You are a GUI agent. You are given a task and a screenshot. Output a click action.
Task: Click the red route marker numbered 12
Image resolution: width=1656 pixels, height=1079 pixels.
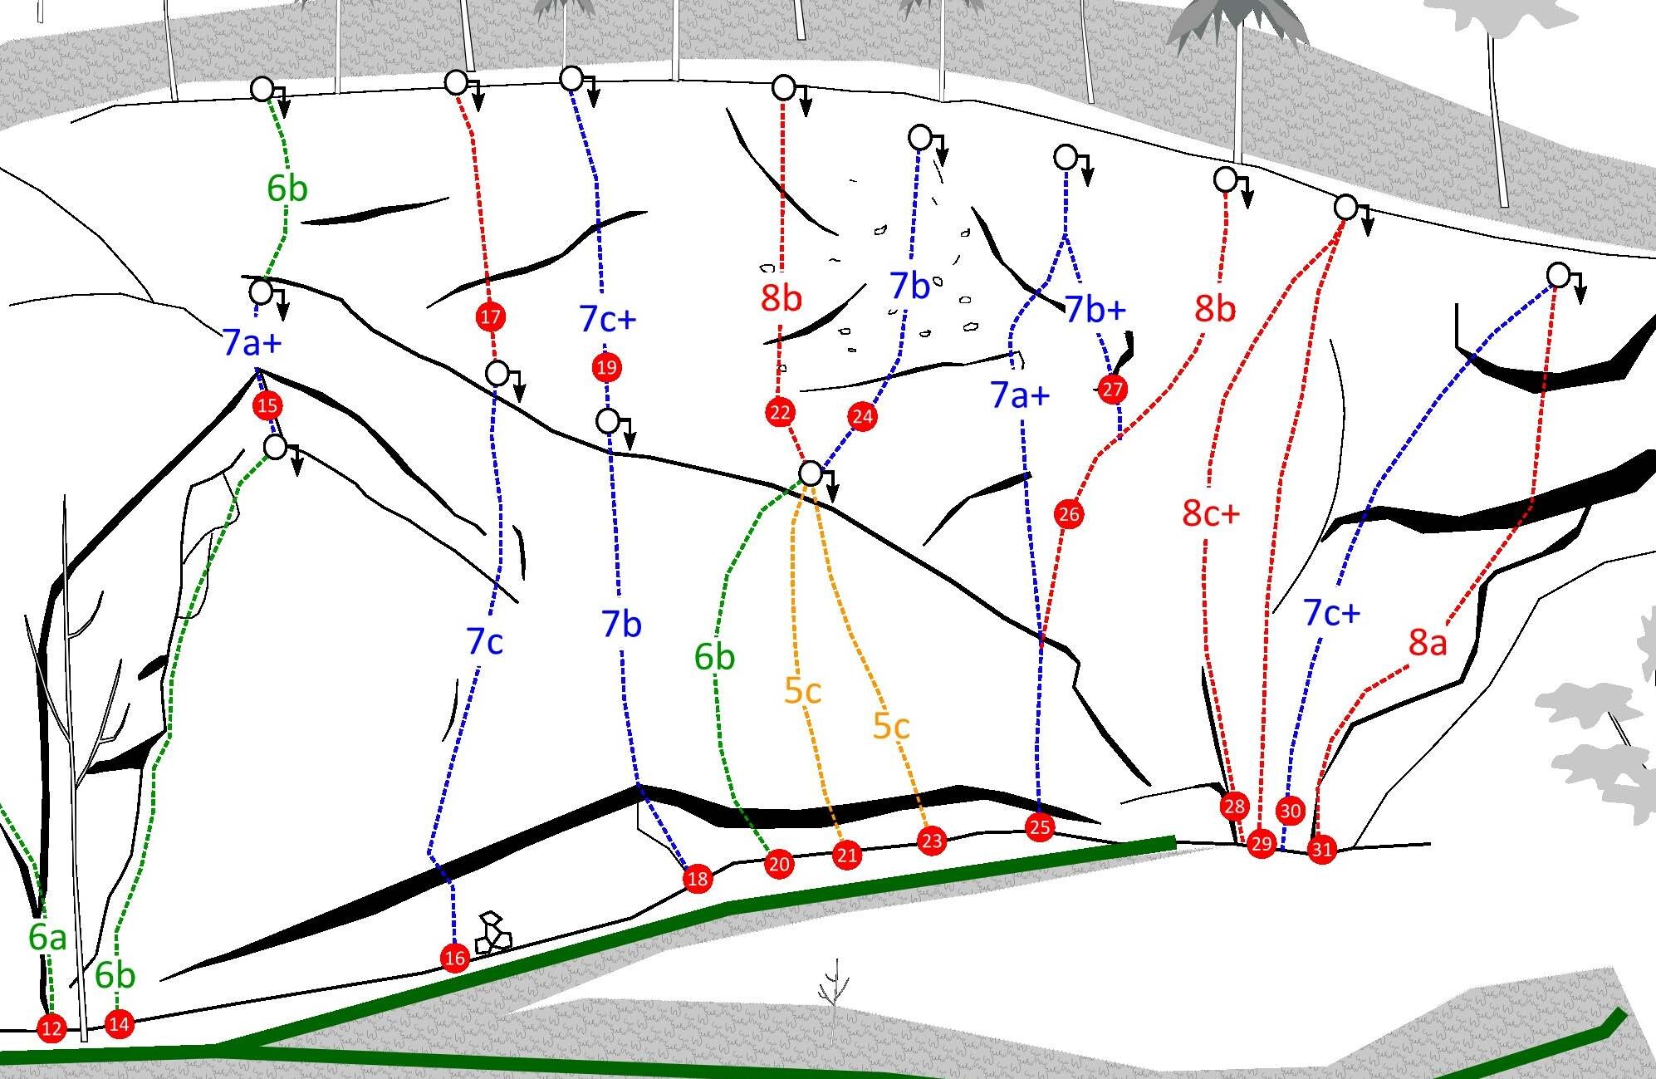click(x=51, y=1028)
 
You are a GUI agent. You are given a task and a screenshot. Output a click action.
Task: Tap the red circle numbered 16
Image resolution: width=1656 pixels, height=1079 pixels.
click(x=454, y=958)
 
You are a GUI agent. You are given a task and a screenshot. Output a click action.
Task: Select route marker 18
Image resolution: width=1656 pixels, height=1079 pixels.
click(x=698, y=879)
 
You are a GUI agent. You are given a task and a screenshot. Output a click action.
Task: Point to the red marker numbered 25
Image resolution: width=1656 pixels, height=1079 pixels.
click(x=1040, y=827)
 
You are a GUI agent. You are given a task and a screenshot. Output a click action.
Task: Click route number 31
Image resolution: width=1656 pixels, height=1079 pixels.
click(x=1321, y=850)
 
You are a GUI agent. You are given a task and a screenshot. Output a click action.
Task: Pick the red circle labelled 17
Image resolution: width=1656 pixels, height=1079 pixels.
click(x=490, y=316)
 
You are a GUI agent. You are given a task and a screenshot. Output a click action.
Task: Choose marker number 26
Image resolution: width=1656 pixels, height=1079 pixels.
click(x=1069, y=514)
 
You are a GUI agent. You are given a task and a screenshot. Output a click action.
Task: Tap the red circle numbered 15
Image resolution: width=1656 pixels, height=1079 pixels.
click(x=267, y=405)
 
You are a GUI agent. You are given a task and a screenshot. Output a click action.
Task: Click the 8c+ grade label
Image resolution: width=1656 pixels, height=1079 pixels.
click(x=1211, y=513)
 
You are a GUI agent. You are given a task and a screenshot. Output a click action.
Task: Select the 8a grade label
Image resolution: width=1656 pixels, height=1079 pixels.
click(x=1428, y=642)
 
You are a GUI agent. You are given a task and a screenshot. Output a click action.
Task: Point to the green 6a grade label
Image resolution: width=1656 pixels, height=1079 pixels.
click(x=47, y=937)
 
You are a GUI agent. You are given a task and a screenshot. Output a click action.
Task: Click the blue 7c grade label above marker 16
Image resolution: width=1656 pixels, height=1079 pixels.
click(x=485, y=641)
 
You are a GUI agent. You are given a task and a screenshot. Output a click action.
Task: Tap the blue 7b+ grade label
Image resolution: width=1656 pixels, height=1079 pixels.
click(x=1095, y=309)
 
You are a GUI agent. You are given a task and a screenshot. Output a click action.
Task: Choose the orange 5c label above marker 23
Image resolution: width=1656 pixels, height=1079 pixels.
click(x=891, y=726)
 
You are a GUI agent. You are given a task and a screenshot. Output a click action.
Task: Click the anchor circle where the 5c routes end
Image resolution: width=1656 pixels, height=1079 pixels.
click(x=811, y=473)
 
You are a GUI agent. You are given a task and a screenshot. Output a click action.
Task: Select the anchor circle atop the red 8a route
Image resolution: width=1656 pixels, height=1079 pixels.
click(x=1559, y=275)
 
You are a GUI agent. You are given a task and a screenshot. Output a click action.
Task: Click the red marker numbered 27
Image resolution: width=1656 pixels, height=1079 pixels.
click(x=1112, y=389)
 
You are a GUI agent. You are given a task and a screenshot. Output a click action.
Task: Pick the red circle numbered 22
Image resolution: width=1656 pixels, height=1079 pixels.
click(x=780, y=412)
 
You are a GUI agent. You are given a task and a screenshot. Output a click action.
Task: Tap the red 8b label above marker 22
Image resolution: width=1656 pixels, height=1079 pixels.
click(x=781, y=298)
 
